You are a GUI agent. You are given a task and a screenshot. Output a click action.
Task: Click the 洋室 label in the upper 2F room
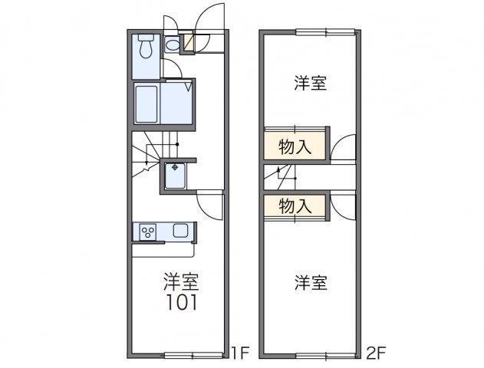(x=311, y=84)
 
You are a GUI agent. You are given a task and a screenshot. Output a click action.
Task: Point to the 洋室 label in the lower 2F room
(x=311, y=283)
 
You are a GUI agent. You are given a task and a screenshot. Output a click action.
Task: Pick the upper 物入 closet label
(x=295, y=147)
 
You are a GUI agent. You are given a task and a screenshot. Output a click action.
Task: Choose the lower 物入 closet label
(x=295, y=205)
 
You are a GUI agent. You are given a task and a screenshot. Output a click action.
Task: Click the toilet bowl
(x=147, y=48)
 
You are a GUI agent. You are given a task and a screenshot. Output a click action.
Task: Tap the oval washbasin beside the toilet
(x=173, y=45)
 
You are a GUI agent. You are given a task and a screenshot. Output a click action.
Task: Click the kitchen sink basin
(x=182, y=231)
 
